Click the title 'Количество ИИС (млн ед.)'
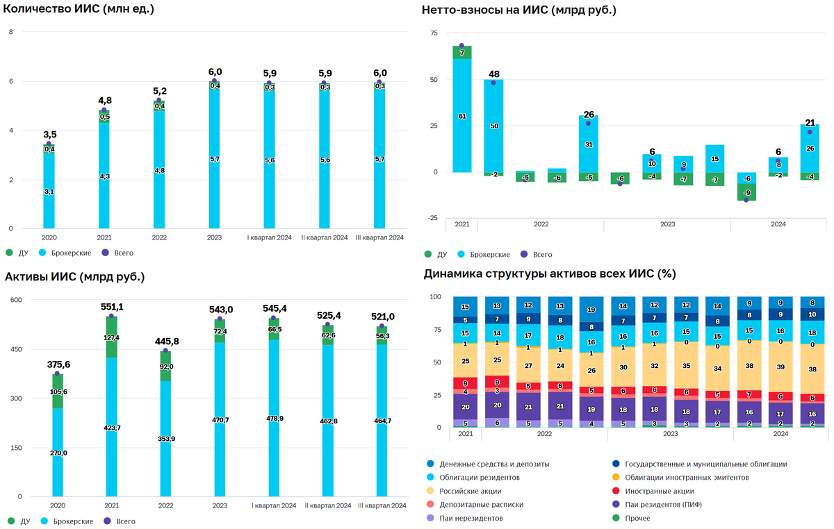pyautogui.click(x=79, y=10)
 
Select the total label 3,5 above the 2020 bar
pyautogui.click(x=49, y=135)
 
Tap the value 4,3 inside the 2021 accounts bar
pyautogui.click(x=104, y=176)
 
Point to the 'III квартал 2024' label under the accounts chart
pyautogui.click(x=379, y=237)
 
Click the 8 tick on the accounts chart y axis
pyautogui.click(x=10, y=33)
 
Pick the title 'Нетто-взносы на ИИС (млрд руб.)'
pyautogui.click(x=519, y=10)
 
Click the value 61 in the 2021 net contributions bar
pyautogui.click(x=462, y=117)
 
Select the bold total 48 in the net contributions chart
pyautogui.click(x=493, y=74)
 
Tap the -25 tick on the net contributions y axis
pyautogui.click(x=434, y=218)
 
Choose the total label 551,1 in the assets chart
pyautogui.click(x=111, y=307)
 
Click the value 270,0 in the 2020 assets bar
pyautogui.click(x=58, y=453)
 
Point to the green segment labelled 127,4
pyautogui.click(x=111, y=338)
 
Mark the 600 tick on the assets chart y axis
pyautogui.click(x=15, y=300)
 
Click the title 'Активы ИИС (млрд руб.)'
pyautogui.click(x=74, y=277)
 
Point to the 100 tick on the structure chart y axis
pyautogui.click(x=436, y=297)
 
